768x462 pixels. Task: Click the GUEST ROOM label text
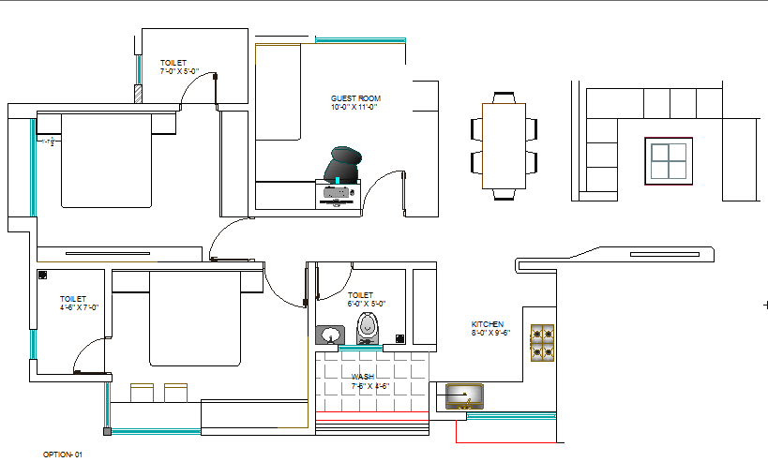click(355, 98)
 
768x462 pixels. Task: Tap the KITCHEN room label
click(487, 324)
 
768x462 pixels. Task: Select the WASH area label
click(363, 376)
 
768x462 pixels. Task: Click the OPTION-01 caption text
click(63, 454)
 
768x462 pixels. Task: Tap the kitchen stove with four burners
click(542, 343)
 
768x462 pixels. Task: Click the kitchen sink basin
click(464, 395)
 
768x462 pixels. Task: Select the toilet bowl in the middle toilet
click(369, 329)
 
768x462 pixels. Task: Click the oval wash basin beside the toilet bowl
click(330, 334)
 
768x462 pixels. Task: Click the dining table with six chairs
click(504, 146)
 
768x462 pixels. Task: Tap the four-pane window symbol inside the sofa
click(668, 159)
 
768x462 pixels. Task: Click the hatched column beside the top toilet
click(137, 94)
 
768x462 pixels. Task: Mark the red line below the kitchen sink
click(506, 440)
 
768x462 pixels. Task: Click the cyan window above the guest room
click(360, 39)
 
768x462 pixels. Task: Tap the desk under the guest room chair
click(336, 195)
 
